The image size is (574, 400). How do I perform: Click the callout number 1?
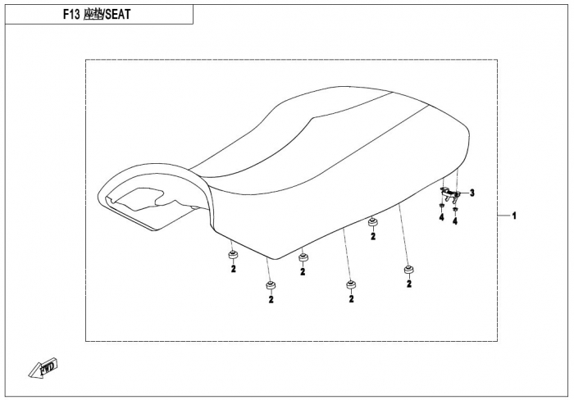(514, 216)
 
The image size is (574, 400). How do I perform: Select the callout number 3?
(472, 193)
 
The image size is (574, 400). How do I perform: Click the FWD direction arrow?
(43, 367)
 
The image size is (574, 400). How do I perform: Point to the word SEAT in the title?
(118, 14)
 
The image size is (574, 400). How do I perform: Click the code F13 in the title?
(71, 14)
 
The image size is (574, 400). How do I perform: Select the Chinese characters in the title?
(93, 14)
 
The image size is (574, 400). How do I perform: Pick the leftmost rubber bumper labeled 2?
(232, 256)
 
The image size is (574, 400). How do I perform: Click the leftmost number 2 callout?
(233, 269)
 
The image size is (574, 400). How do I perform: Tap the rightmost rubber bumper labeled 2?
(408, 270)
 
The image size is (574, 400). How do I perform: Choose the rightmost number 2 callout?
(409, 284)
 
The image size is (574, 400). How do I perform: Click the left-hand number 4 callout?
(441, 217)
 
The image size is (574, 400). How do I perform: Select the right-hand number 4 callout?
(455, 221)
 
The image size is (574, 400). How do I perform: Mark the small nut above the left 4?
(441, 207)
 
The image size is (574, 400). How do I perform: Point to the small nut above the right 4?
(455, 209)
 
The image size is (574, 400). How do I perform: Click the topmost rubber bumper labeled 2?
(372, 223)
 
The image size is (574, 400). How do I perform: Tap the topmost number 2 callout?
(373, 236)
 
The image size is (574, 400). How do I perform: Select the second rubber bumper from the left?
(271, 285)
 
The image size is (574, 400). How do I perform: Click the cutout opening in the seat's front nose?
(140, 198)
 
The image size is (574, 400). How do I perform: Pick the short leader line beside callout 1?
(503, 216)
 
